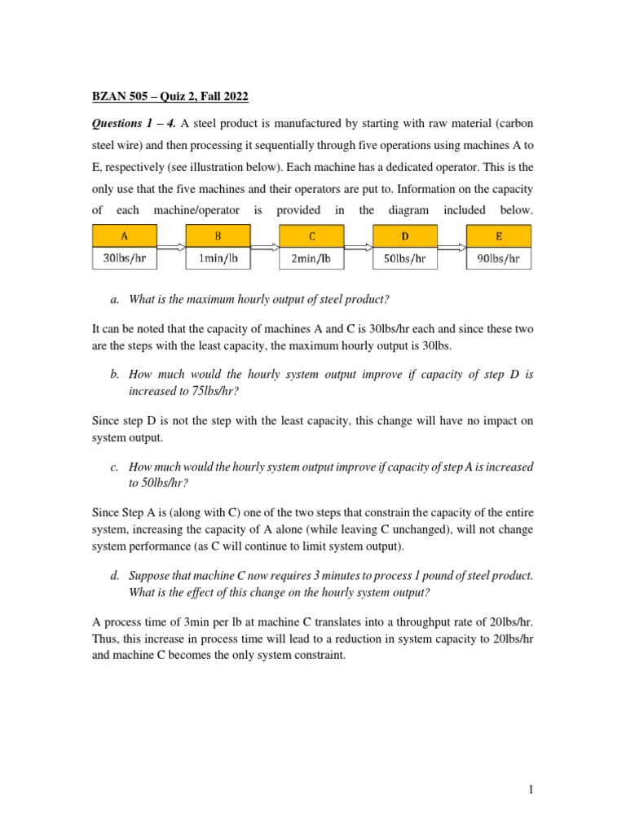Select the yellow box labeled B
[x=218, y=236]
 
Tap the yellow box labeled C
[x=312, y=236]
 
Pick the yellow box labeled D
[x=405, y=236]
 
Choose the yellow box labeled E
[x=498, y=236]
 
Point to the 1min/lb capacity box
[x=218, y=259]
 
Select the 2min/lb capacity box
[x=312, y=259]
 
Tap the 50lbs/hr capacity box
[x=405, y=259]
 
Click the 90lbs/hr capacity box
[x=498, y=259]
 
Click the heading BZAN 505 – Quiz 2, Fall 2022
[x=169, y=97]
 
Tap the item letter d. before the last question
[x=114, y=576]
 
